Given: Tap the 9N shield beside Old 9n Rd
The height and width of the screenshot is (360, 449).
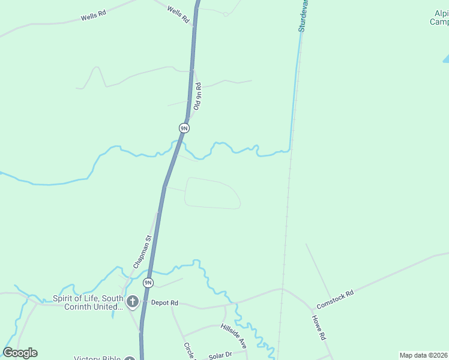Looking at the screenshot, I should (x=184, y=128).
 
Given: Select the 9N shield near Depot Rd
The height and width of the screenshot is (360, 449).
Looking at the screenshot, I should (x=148, y=283).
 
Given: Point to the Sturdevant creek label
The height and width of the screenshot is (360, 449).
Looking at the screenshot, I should (x=303, y=15).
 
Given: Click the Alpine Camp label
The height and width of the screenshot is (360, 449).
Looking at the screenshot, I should (x=440, y=18).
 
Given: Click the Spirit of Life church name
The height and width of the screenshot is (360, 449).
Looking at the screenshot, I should (x=88, y=302).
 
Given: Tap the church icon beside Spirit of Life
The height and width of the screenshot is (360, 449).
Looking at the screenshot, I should (x=132, y=301).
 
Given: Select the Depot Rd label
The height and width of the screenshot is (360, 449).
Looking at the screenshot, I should (x=164, y=303).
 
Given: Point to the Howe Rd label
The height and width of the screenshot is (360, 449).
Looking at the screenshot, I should (x=319, y=328).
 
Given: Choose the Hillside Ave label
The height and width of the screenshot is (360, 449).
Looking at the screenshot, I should (x=234, y=335).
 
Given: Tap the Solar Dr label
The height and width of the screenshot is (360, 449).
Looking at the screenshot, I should (x=220, y=356).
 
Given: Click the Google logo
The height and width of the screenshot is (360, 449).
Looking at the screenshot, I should (x=20, y=353).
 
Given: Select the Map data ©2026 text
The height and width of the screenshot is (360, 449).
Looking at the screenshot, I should (x=423, y=355).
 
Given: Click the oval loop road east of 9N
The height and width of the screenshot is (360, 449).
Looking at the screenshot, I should (x=212, y=193).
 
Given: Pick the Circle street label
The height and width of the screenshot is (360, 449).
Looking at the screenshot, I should (x=189, y=350).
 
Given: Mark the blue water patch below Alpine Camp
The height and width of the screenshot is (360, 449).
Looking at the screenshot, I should (x=446, y=59).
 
